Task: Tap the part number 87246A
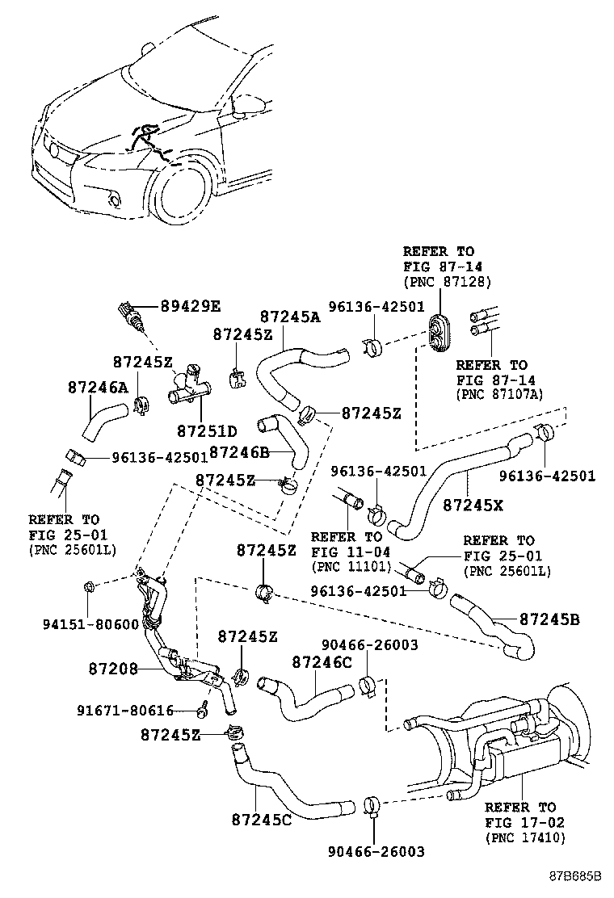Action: click(x=97, y=388)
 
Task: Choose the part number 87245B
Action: click(x=549, y=619)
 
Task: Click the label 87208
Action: click(x=113, y=669)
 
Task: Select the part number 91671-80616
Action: click(x=125, y=710)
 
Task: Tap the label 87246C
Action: click(x=322, y=662)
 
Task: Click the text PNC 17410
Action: click(x=525, y=838)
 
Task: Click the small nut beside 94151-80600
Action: click(x=90, y=585)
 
